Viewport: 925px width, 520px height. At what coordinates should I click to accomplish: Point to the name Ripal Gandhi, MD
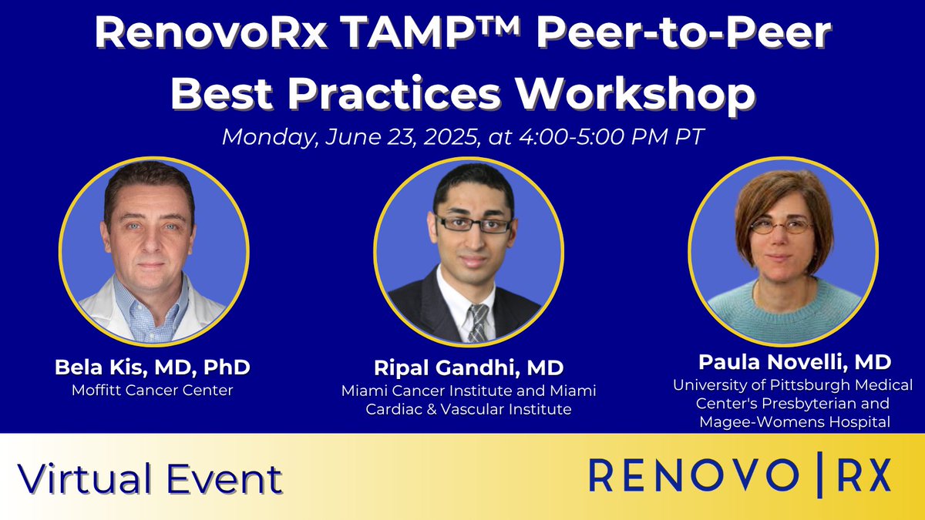point(469,369)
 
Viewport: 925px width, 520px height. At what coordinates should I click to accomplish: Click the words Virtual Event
point(150,479)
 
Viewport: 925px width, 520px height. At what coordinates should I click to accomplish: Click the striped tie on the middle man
point(478,322)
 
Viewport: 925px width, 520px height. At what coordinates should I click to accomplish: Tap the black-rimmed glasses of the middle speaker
point(473,224)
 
